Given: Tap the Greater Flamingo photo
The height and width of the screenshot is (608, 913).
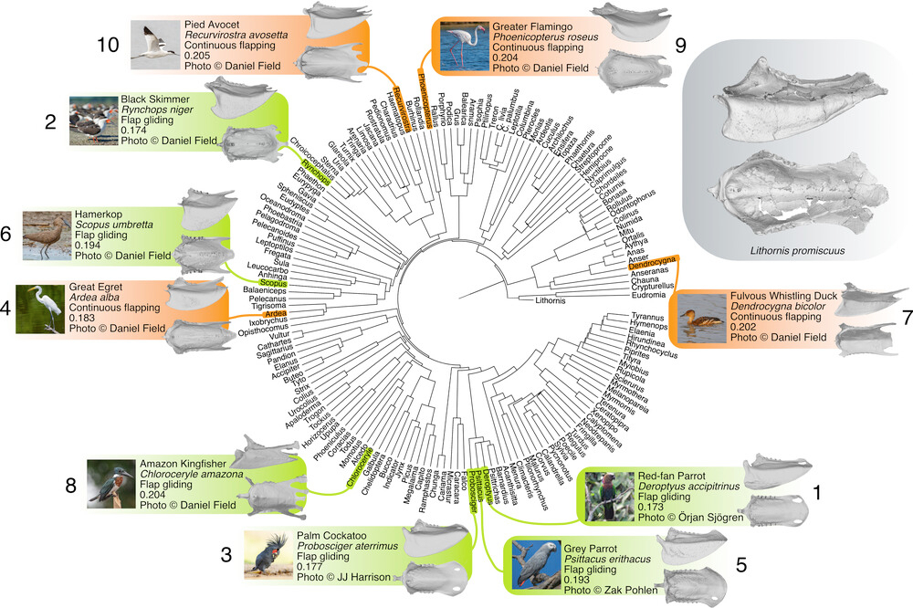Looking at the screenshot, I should coord(465,46).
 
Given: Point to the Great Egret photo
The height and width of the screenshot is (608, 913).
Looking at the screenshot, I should coord(40,309).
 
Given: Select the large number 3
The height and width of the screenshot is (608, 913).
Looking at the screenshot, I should coord(227,555).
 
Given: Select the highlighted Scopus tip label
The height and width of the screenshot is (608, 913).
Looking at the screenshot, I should coord(275,284).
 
